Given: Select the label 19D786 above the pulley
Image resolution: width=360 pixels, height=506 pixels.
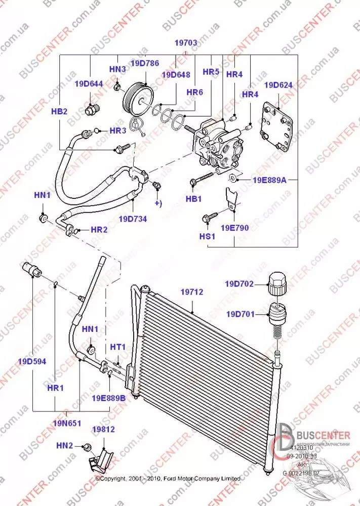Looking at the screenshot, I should [x=145, y=63].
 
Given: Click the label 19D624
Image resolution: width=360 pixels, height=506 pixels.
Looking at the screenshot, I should [x=278, y=85].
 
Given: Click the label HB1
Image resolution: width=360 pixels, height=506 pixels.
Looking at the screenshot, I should [x=193, y=199].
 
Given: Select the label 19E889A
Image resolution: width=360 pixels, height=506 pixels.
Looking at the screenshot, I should [x=270, y=180].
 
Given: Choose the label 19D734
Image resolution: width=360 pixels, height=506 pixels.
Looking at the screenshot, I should [x=133, y=219].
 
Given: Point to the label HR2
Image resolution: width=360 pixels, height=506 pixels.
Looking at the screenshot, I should [x=99, y=230].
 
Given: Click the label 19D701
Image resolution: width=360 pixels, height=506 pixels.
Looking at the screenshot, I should [x=240, y=314].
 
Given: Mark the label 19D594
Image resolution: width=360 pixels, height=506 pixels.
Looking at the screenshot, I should [x=32, y=361].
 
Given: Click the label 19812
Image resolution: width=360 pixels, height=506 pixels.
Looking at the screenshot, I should [x=103, y=430].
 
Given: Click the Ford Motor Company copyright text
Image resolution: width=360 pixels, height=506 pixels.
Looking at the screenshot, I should [x=168, y=478].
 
